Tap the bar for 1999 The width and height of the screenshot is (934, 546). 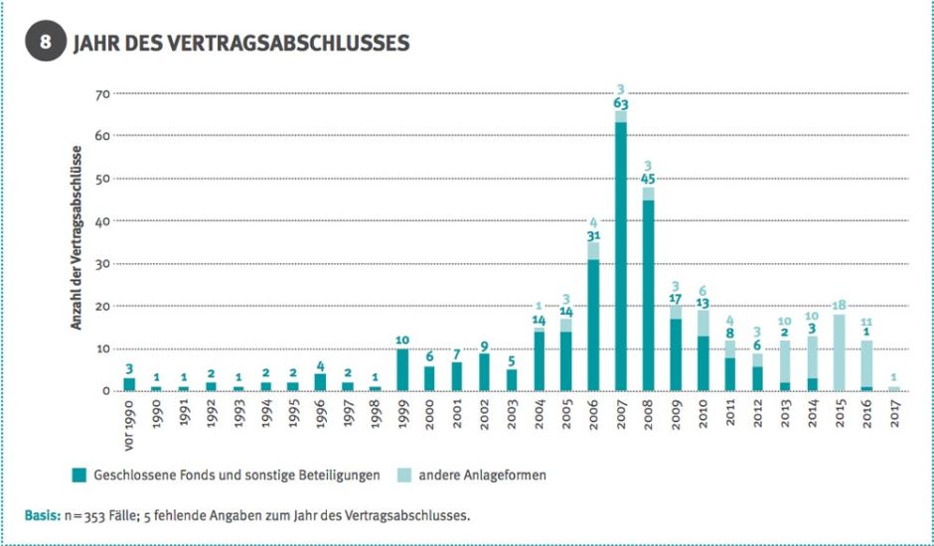(x=402, y=369)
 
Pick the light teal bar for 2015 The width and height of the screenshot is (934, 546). (x=839, y=352)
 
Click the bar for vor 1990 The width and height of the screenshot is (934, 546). (x=129, y=384)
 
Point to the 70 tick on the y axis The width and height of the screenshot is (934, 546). (x=102, y=93)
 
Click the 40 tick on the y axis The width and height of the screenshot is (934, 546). (x=102, y=220)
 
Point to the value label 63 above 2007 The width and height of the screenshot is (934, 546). (x=621, y=103)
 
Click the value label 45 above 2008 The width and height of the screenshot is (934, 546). (x=648, y=180)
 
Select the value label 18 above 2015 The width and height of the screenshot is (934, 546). (x=839, y=305)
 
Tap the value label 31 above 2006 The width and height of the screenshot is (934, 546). (x=593, y=235)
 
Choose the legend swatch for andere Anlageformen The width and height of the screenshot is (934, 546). (x=403, y=476)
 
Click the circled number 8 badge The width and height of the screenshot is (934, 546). (x=46, y=44)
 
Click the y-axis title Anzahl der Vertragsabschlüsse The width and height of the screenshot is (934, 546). (x=77, y=237)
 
